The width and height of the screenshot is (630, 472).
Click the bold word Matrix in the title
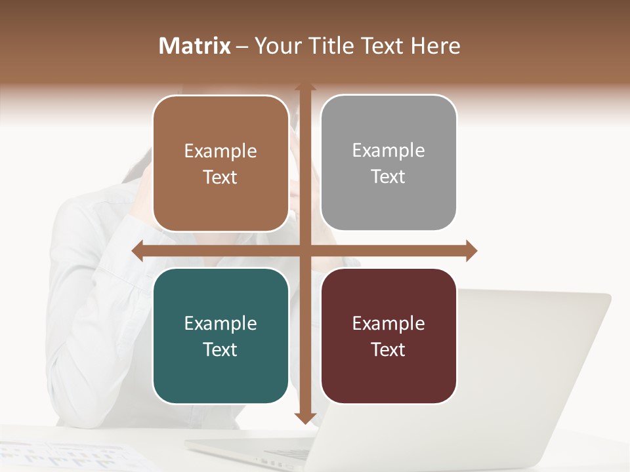pos(195,46)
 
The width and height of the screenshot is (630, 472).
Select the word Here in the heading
pos(436,46)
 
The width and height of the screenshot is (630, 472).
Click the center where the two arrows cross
pos(305,250)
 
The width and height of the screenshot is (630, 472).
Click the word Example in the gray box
pos(388,150)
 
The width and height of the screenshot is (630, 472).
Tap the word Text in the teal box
pos(220,349)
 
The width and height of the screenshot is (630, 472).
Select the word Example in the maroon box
pos(388,323)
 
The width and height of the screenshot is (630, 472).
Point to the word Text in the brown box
pos(220,177)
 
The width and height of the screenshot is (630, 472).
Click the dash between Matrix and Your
pos(242,47)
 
